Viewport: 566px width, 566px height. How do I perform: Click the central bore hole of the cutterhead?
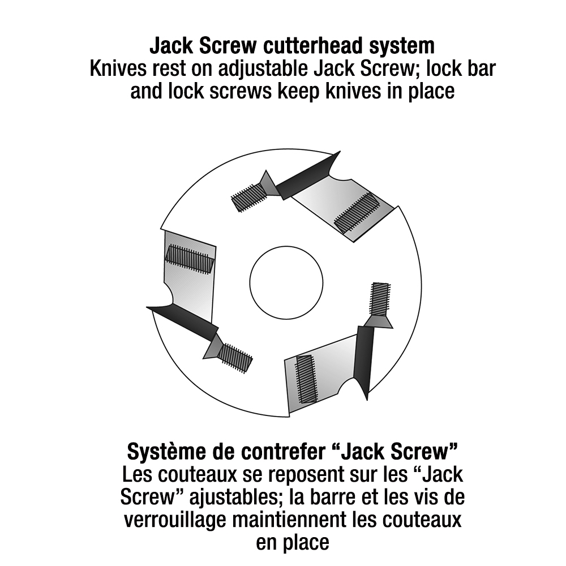[286, 282]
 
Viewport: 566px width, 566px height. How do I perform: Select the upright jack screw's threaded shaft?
[380, 298]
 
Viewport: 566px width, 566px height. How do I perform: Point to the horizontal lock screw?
[190, 259]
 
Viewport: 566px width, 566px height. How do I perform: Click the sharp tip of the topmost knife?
[340, 152]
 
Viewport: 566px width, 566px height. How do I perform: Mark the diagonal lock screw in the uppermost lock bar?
[358, 212]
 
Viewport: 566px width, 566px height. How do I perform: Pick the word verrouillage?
[175, 521]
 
